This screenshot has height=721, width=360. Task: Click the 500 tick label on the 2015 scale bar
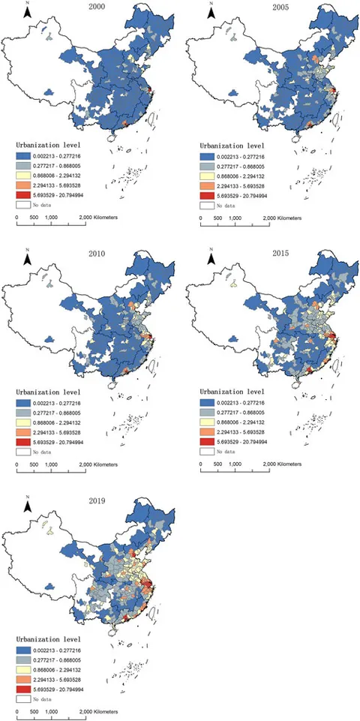[x=217, y=461]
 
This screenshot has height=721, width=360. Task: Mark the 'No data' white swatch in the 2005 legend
[x=211, y=203]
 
